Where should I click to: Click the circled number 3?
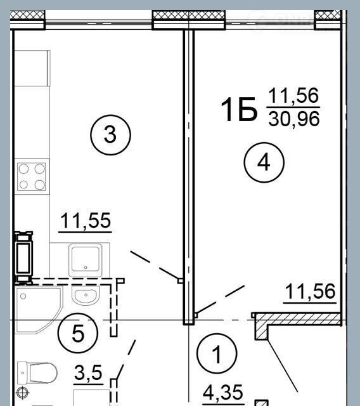(110, 135)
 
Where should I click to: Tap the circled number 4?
(264, 162)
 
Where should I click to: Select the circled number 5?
(78, 333)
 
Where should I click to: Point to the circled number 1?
(217, 353)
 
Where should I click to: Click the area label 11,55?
(86, 221)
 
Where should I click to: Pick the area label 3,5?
(88, 372)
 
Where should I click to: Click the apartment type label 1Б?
(239, 110)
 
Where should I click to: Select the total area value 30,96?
(294, 119)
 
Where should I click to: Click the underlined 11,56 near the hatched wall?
(310, 292)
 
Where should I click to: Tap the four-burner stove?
(32, 176)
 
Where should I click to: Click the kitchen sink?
(86, 260)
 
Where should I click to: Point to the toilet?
(37, 373)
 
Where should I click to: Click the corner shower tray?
(39, 310)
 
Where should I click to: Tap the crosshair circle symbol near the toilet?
(23, 393)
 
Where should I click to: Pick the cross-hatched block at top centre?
(188, 15)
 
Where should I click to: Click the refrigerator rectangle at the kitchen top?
(32, 69)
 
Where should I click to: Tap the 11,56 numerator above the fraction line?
(293, 96)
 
